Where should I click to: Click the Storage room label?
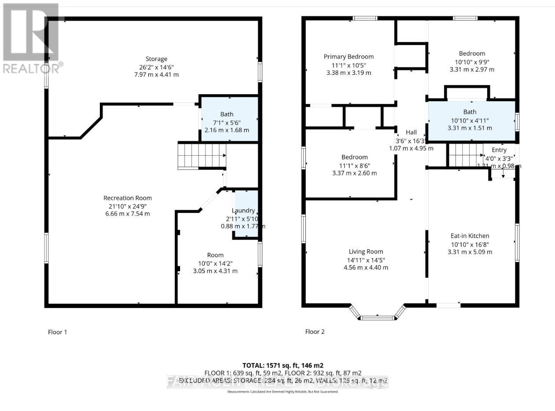[x=157, y=59]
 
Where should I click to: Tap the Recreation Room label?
[x=128, y=198]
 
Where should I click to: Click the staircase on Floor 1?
[x=202, y=156]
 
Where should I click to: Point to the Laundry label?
[x=243, y=211]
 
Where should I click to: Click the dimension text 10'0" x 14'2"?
[x=215, y=263]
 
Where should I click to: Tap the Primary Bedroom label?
[x=349, y=57]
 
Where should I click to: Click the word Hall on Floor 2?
[x=411, y=132]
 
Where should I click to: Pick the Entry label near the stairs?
[x=499, y=150]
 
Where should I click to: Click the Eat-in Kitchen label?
[x=470, y=236]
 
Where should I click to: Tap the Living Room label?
[x=366, y=252]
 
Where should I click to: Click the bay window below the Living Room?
[x=378, y=315]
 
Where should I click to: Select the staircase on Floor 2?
[x=466, y=156]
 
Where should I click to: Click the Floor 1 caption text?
[x=58, y=332]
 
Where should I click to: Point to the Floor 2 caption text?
[x=315, y=332]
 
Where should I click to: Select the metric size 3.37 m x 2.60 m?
[x=355, y=173]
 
